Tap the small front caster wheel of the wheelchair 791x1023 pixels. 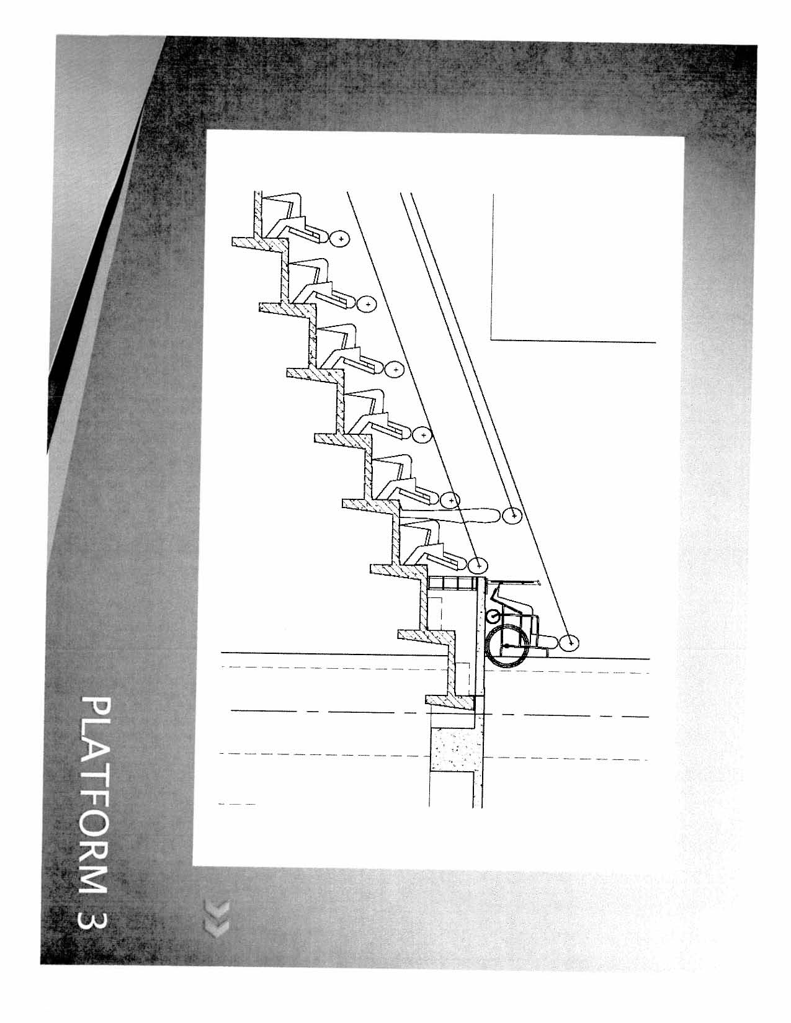point(494,617)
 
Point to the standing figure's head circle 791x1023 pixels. point(511,516)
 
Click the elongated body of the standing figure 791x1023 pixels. point(459,516)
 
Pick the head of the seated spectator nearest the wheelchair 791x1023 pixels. point(477,565)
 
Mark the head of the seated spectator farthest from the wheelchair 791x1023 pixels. point(340,237)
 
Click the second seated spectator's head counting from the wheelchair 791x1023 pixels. point(450,499)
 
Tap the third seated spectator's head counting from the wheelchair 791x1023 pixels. point(422,435)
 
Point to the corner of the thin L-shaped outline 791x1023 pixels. point(491,339)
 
